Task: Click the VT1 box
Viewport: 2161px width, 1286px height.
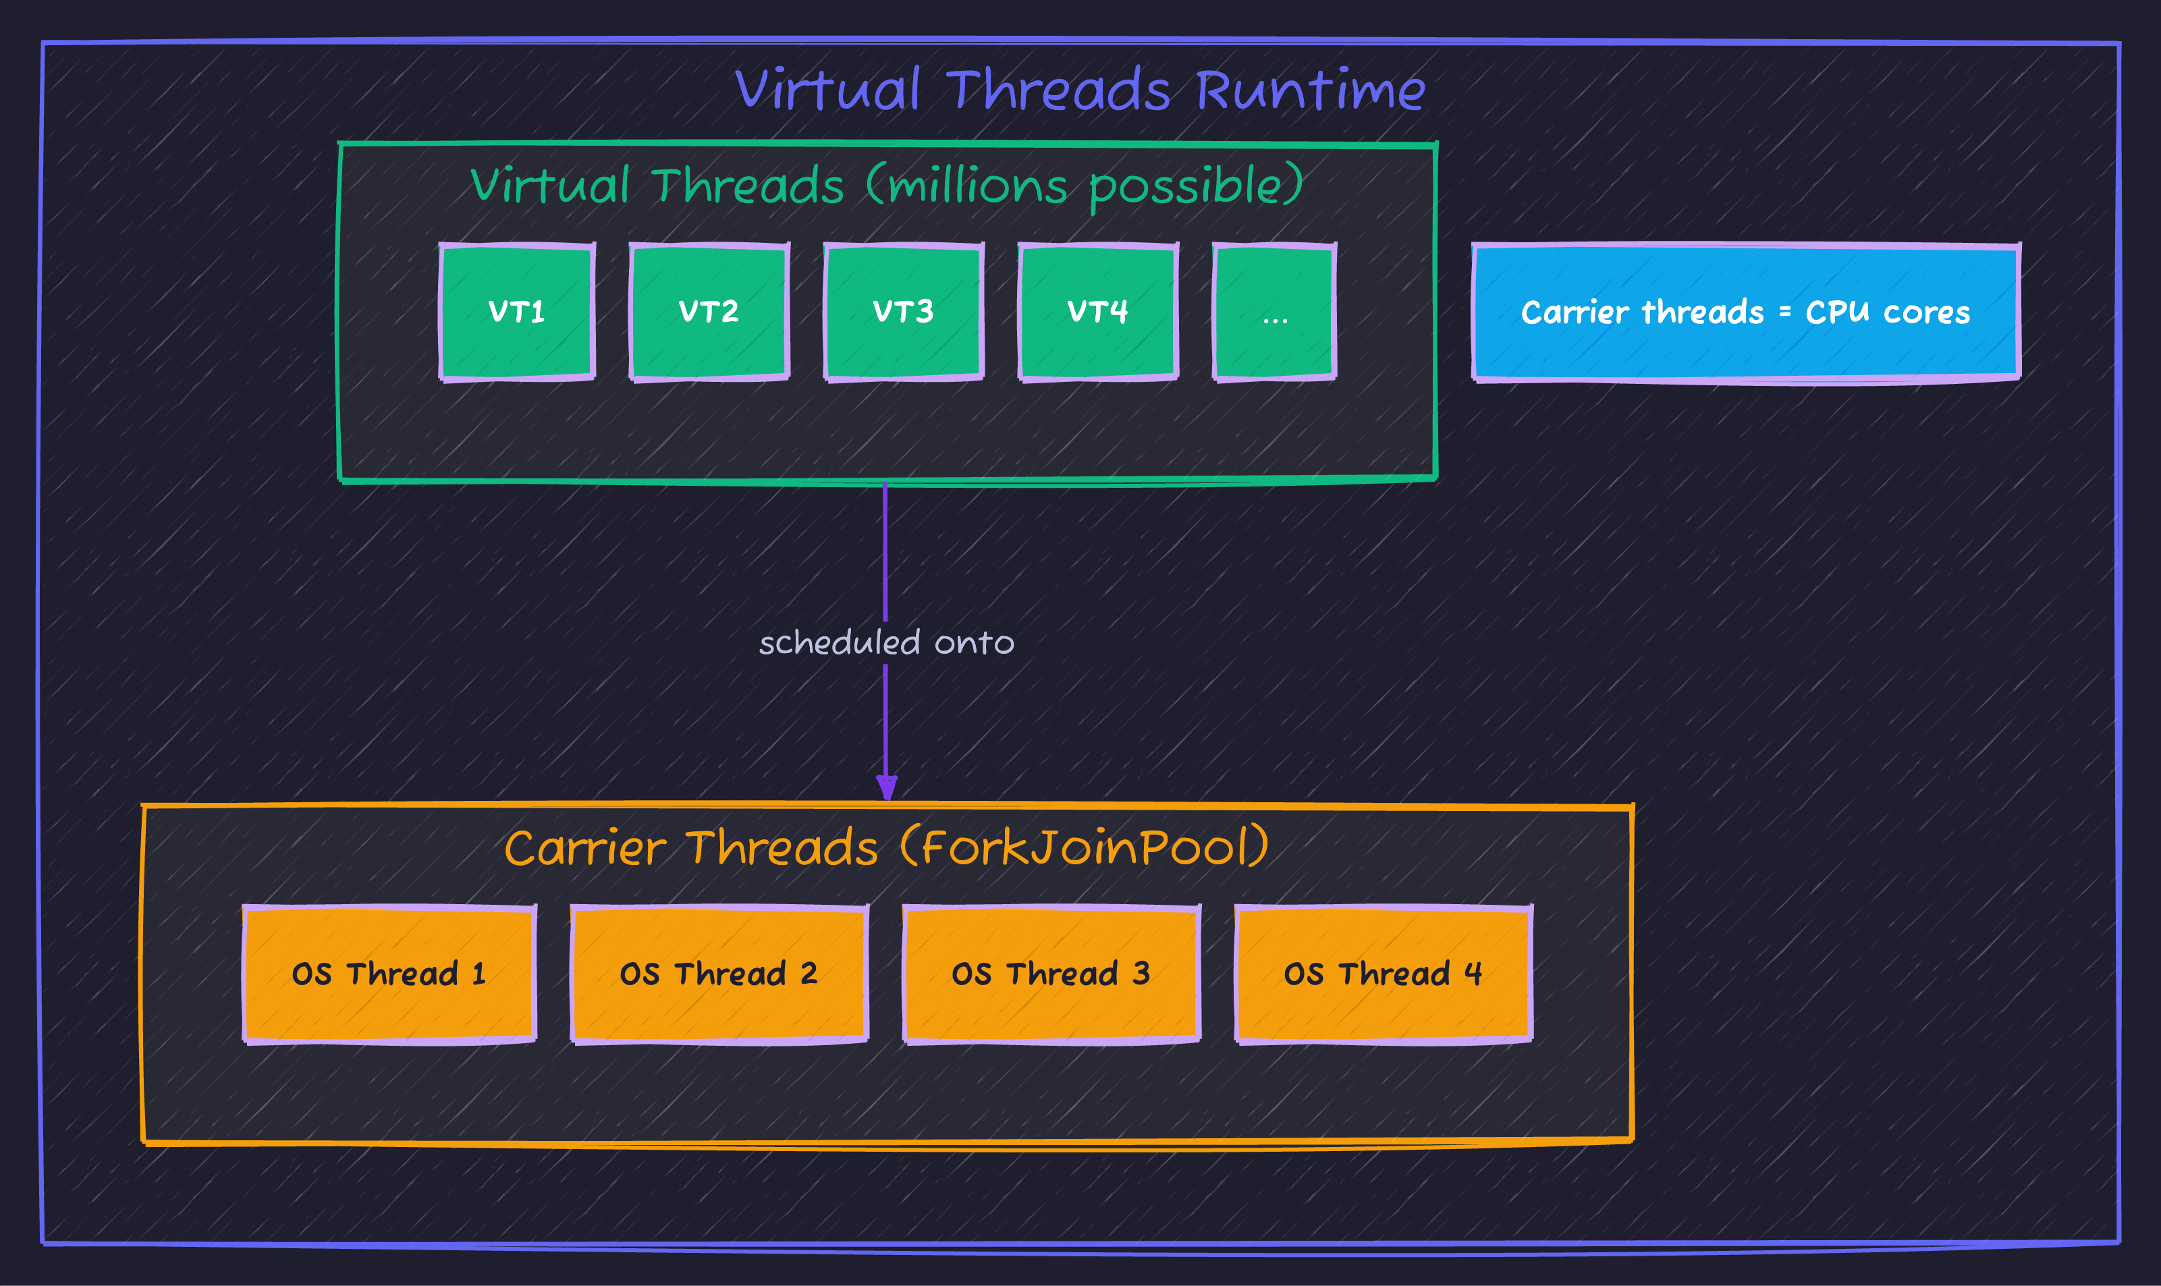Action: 518,312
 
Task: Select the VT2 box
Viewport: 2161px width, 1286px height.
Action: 709,312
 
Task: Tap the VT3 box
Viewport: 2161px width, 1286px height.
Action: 903,312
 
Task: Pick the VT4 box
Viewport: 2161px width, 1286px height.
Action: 1097,312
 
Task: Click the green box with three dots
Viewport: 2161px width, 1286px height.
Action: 1274,312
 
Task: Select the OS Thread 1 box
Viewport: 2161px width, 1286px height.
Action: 389,974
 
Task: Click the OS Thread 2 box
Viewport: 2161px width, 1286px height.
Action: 719,974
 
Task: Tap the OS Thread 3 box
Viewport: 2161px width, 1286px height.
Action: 1051,974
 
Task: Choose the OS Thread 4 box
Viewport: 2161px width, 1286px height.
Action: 1384,974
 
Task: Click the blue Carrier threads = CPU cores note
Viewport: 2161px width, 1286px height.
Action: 1746,312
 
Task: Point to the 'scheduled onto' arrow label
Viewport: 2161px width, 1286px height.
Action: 886,643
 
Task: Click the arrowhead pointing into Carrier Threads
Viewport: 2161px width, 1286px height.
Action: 886,787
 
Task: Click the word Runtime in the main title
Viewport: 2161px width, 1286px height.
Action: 1310,90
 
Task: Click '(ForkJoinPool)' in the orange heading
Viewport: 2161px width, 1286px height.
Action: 1085,847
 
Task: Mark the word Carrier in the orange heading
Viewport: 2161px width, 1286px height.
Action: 585,847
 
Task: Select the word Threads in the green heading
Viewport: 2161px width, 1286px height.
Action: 747,186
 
